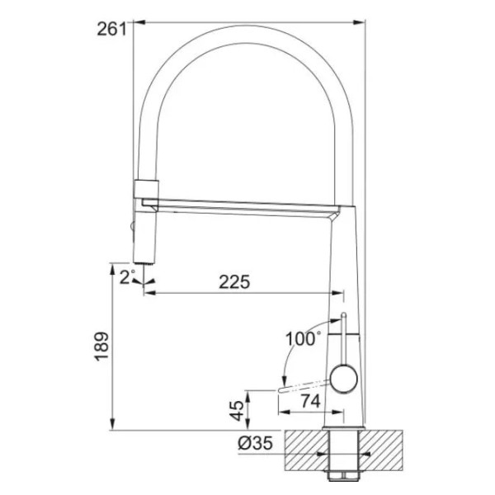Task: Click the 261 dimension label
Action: point(111,30)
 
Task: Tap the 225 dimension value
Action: point(234,281)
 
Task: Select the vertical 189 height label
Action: point(101,346)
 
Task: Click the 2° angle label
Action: point(127,277)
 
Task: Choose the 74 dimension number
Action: point(310,401)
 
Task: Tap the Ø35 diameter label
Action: point(255,443)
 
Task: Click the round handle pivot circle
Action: point(343,379)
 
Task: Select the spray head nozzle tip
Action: point(144,262)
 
